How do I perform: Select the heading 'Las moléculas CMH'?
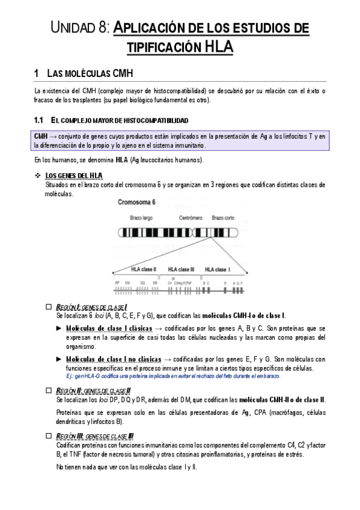tap(89, 74)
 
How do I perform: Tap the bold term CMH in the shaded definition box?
tap(41, 137)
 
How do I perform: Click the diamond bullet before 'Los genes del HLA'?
tap(39, 176)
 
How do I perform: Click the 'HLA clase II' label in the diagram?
tap(144, 269)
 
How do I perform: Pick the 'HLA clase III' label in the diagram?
tap(181, 269)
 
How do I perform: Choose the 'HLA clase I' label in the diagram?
tap(218, 269)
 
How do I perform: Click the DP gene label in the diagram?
tap(117, 282)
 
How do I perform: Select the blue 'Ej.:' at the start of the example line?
tap(71, 376)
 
